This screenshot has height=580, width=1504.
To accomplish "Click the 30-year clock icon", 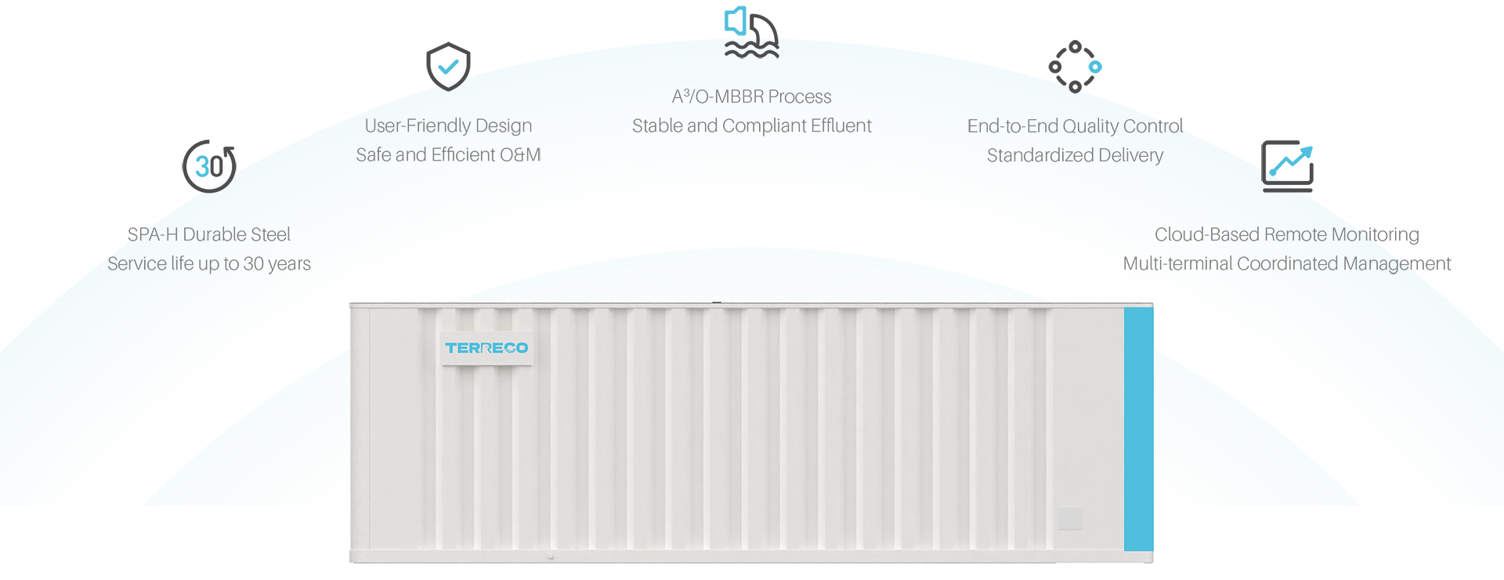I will point(209,166).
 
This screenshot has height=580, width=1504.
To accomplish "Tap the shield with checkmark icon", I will point(448,67).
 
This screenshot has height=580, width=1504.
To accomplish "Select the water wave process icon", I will point(751,33).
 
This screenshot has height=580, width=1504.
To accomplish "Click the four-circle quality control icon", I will point(1075,67).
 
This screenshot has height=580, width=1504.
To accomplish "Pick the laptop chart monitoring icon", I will point(1287,166).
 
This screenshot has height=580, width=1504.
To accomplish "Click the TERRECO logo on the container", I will point(486,347).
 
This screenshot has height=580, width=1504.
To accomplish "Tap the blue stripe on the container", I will point(1138,429).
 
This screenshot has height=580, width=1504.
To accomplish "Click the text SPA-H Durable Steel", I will point(209,234).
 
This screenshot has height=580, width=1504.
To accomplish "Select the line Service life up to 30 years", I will point(209,263).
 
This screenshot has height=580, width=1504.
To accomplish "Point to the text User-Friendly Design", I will point(448,125).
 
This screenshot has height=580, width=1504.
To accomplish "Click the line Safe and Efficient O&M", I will point(448,154).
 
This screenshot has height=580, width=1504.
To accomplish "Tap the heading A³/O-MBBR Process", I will point(751,96).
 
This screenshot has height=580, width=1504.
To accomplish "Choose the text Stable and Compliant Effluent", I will point(751,125).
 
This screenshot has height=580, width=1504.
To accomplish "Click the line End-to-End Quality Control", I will point(1075,126).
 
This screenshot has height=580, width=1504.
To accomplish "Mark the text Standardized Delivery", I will point(1075,155).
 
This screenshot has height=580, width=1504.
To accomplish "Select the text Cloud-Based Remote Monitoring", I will point(1286,234).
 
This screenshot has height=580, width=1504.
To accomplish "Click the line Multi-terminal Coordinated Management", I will point(1286,263).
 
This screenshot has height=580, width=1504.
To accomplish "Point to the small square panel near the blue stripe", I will point(1070,518).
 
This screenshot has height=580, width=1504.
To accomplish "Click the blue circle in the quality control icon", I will point(1095,67).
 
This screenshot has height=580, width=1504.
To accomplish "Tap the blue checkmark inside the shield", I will point(448,67).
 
